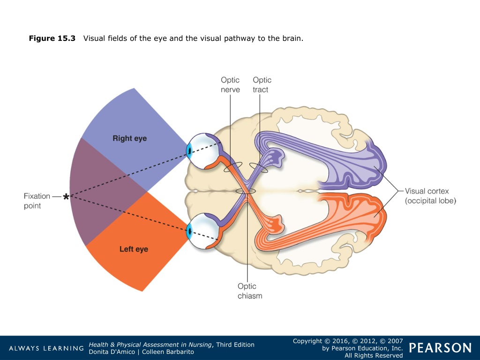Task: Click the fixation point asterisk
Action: [66, 196]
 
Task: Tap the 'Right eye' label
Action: [130, 138]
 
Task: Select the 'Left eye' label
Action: [134, 249]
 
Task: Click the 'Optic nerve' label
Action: [230, 85]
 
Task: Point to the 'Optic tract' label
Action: [262, 85]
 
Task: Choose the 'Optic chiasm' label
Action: [250, 291]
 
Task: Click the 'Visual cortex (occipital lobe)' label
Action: [430, 196]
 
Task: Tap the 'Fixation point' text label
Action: [37, 201]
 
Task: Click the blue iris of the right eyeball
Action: [189, 151]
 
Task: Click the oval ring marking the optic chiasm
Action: [236, 191]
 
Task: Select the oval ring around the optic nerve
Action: [224, 168]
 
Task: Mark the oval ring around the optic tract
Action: [250, 165]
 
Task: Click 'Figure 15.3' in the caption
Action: [52, 38]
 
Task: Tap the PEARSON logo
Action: [440, 348]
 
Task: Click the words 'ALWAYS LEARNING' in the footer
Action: [46, 348]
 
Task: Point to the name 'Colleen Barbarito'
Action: [168, 352]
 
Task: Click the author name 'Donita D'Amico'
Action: [112, 352]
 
